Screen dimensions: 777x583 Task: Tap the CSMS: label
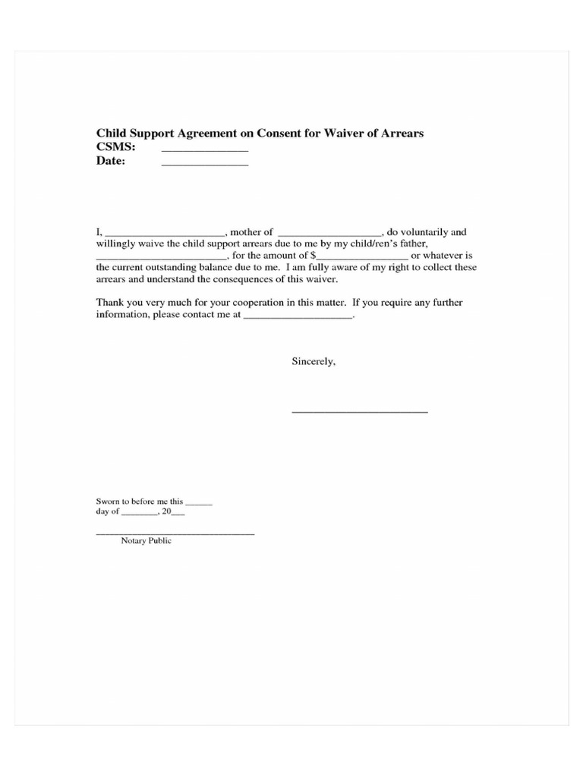[115, 147]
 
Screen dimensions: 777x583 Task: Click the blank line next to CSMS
[205, 151]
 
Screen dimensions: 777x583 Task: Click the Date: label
[110, 161]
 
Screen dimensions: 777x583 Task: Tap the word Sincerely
[314, 362]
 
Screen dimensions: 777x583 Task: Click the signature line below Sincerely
[360, 411]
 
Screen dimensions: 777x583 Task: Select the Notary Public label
[146, 541]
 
